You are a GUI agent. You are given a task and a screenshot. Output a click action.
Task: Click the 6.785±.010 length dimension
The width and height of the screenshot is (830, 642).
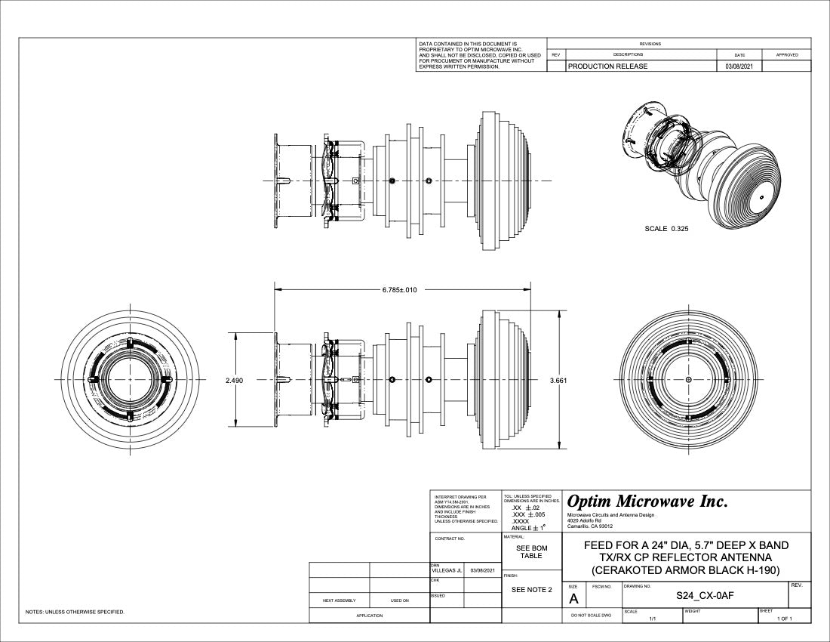click(x=399, y=290)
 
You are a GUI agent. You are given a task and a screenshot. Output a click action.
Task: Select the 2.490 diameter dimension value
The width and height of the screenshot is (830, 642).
click(x=234, y=381)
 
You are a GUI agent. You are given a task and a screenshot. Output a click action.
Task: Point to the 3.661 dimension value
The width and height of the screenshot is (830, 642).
click(x=558, y=381)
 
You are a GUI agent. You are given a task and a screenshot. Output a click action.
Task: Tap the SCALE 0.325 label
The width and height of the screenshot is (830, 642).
click(x=666, y=228)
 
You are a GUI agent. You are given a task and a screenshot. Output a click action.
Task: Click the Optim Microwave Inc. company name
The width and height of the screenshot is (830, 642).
click(x=647, y=502)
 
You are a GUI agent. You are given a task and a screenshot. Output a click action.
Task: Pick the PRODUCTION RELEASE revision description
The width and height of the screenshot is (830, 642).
click(x=607, y=66)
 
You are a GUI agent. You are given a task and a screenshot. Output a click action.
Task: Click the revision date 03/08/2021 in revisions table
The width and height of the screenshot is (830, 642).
click(x=739, y=66)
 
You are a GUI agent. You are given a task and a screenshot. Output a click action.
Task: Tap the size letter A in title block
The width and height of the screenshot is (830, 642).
click(x=573, y=599)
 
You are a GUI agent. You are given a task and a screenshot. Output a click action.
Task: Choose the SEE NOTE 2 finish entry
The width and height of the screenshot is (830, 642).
click(x=532, y=590)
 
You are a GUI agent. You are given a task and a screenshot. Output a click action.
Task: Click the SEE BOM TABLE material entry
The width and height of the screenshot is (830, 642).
click(x=532, y=552)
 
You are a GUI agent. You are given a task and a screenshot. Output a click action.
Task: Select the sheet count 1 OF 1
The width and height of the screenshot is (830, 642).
click(x=785, y=619)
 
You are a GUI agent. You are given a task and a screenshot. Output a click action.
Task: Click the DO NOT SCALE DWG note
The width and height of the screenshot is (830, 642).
click(x=591, y=616)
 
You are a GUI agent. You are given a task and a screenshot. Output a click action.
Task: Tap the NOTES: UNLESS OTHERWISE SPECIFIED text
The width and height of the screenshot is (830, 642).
click(x=75, y=612)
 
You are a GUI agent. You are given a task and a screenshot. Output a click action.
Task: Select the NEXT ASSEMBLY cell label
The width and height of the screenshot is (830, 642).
click(x=339, y=600)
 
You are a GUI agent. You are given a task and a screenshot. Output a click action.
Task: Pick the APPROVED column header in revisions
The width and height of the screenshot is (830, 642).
click(x=786, y=54)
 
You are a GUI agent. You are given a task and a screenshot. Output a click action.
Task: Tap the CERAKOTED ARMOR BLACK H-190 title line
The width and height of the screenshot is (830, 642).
click(x=686, y=569)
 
